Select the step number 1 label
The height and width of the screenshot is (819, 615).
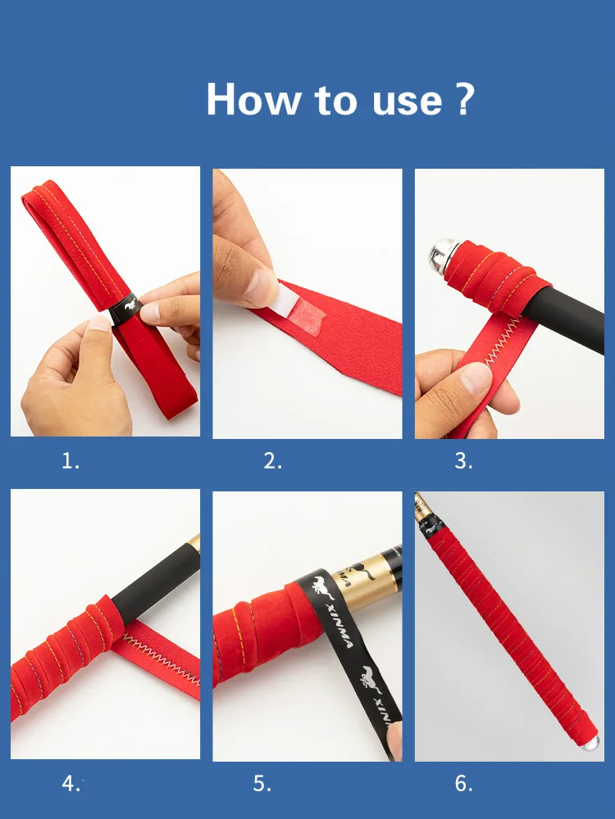click(71, 461)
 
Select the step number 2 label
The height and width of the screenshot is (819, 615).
click(272, 461)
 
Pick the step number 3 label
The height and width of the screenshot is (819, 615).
click(463, 461)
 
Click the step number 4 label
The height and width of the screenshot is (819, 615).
click(71, 784)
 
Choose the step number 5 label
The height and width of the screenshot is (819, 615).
click(262, 784)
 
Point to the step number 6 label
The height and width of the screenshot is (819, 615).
click(463, 784)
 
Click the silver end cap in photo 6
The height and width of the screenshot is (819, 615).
click(589, 741)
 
